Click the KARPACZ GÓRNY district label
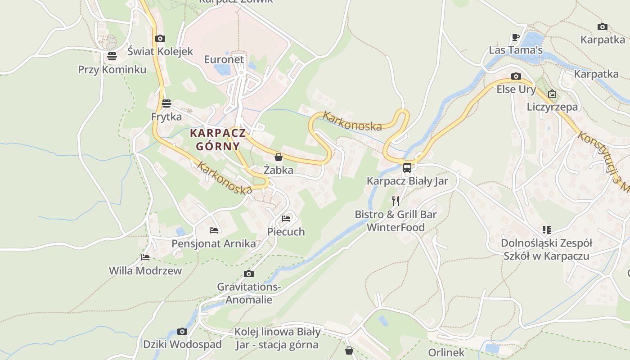[218, 139]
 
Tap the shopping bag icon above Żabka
[279, 157]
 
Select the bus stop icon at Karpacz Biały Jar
[407, 168]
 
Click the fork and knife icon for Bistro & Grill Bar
[396, 201]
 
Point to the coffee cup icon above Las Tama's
[516, 37]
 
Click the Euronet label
[224, 59]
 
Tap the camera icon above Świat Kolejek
[160, 39]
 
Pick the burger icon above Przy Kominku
[112, 56]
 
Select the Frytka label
[166, 117]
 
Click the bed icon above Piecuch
[286, 219]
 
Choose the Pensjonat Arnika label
[214, 244]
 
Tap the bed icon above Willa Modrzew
[145, 257]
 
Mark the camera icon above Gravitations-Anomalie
[248, 274]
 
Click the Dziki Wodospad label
[182, 345]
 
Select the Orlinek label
[446, 352]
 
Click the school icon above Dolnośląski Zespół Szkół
[547, 230]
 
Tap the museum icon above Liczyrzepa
[552, 94]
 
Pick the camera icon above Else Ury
[516, 76]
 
